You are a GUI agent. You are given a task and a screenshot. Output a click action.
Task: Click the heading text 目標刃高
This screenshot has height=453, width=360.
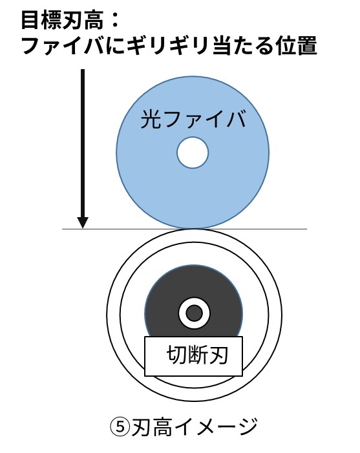pyautogui.click(x=62, y=21)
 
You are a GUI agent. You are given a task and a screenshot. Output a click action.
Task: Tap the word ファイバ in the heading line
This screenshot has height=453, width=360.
pyautogui.click(x=63, y=47)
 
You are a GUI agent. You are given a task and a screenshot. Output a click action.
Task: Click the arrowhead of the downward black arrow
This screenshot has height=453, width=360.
pyautogui.click(x=83, y=222)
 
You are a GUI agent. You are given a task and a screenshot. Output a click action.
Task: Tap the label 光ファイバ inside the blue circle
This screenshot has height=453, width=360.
pyautogui.click(x=193, y=120)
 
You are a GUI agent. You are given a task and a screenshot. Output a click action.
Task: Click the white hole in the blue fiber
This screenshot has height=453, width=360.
pyautogui.click(x=193, y=153)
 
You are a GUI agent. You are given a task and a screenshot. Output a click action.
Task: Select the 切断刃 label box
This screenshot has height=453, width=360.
pyautogui.click(x=193, y=356)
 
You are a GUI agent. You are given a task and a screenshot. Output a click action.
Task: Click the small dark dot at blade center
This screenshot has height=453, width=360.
pyautogui.click(x=194, y=313)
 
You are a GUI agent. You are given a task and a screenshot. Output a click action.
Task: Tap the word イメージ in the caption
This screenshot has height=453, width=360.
pyautogui.click(x=216, y=428)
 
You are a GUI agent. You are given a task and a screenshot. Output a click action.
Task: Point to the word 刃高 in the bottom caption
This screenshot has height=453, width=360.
pyautogui.click(x=153, y=428)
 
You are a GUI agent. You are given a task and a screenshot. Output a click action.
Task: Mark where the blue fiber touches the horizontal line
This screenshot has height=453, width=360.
pyautogui.click(x=193, y=229)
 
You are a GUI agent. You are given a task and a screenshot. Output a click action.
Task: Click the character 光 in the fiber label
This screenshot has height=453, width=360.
pyautogui.click(x=151, y=120)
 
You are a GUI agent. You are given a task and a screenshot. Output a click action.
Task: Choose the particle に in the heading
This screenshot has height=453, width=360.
pyautogui.click(x=116, y=47)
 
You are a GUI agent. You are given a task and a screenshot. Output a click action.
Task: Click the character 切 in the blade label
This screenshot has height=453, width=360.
pyautogui.click(x=176, y=355)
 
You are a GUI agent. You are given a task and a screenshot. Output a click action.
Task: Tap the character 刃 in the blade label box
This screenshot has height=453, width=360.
pyautogui.click(x=218, y=355)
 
